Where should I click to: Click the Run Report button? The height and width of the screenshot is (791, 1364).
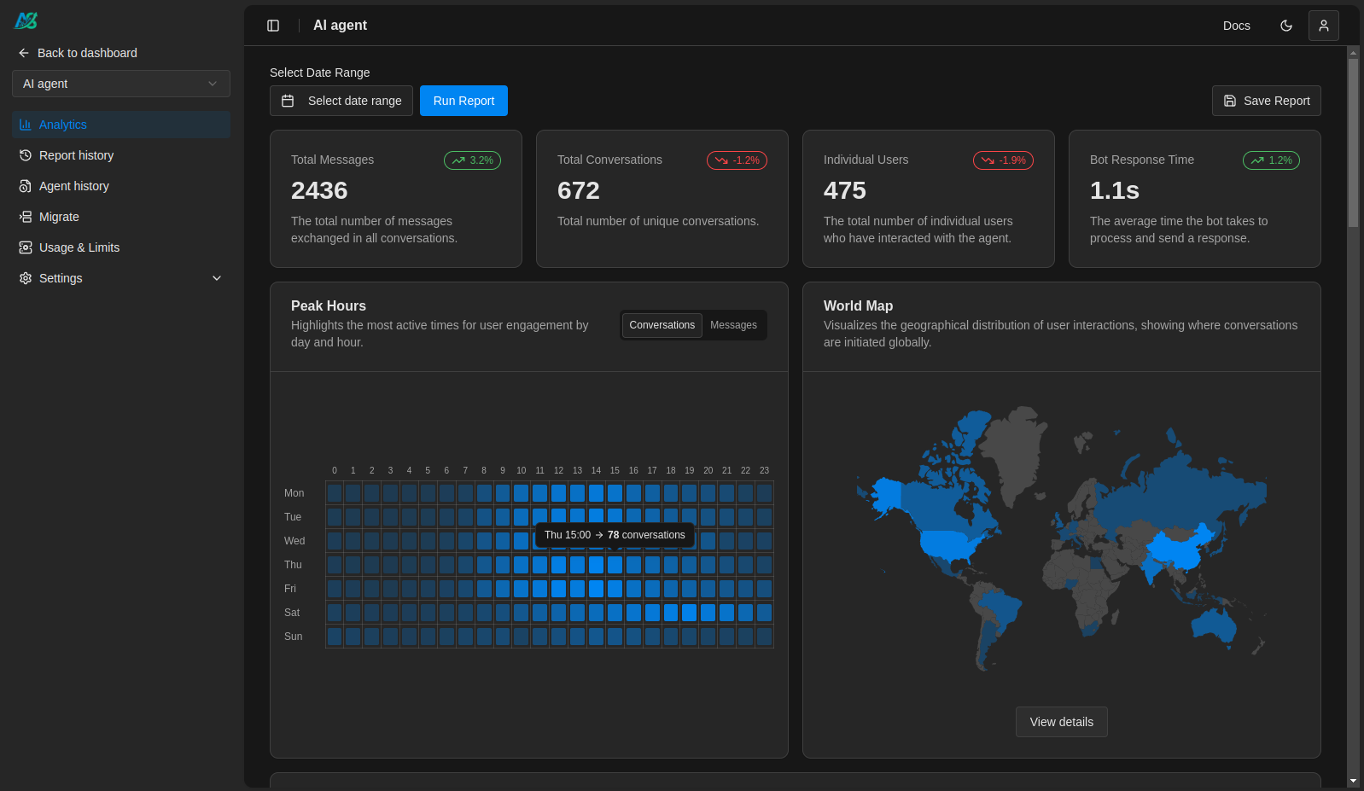click(463, 101)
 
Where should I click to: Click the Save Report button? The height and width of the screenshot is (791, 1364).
click(1266, 101)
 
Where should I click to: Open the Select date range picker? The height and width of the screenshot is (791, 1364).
click(341, 101)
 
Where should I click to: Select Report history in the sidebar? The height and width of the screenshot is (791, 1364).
click(76, 155)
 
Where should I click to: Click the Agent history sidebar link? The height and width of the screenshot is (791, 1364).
click(73, 186)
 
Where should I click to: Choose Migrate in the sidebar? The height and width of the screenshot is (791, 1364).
click(59, 217)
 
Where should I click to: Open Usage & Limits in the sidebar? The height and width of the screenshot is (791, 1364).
click(79, 247)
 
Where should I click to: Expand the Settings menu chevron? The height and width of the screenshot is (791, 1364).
click(217, 278)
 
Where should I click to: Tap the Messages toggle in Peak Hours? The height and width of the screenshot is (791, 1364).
click(733, 325)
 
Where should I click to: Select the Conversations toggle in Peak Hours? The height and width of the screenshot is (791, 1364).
click(662, 325)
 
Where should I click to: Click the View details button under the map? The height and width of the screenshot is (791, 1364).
click(1061, 722)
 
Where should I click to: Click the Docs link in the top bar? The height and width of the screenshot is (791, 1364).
click(1236, 26)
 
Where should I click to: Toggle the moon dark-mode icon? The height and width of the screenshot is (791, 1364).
click(1285, 26)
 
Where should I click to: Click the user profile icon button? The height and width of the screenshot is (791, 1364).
click(1323, 26)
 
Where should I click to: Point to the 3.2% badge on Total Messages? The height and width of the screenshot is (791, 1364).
click(472, 160)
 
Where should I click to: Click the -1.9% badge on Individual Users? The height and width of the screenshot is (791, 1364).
click(1003, 160)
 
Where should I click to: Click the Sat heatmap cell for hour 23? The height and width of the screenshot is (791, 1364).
click(764, 613)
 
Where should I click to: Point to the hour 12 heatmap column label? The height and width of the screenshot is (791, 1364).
click(558, 470)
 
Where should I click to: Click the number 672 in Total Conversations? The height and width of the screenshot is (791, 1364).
click(578, 190)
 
